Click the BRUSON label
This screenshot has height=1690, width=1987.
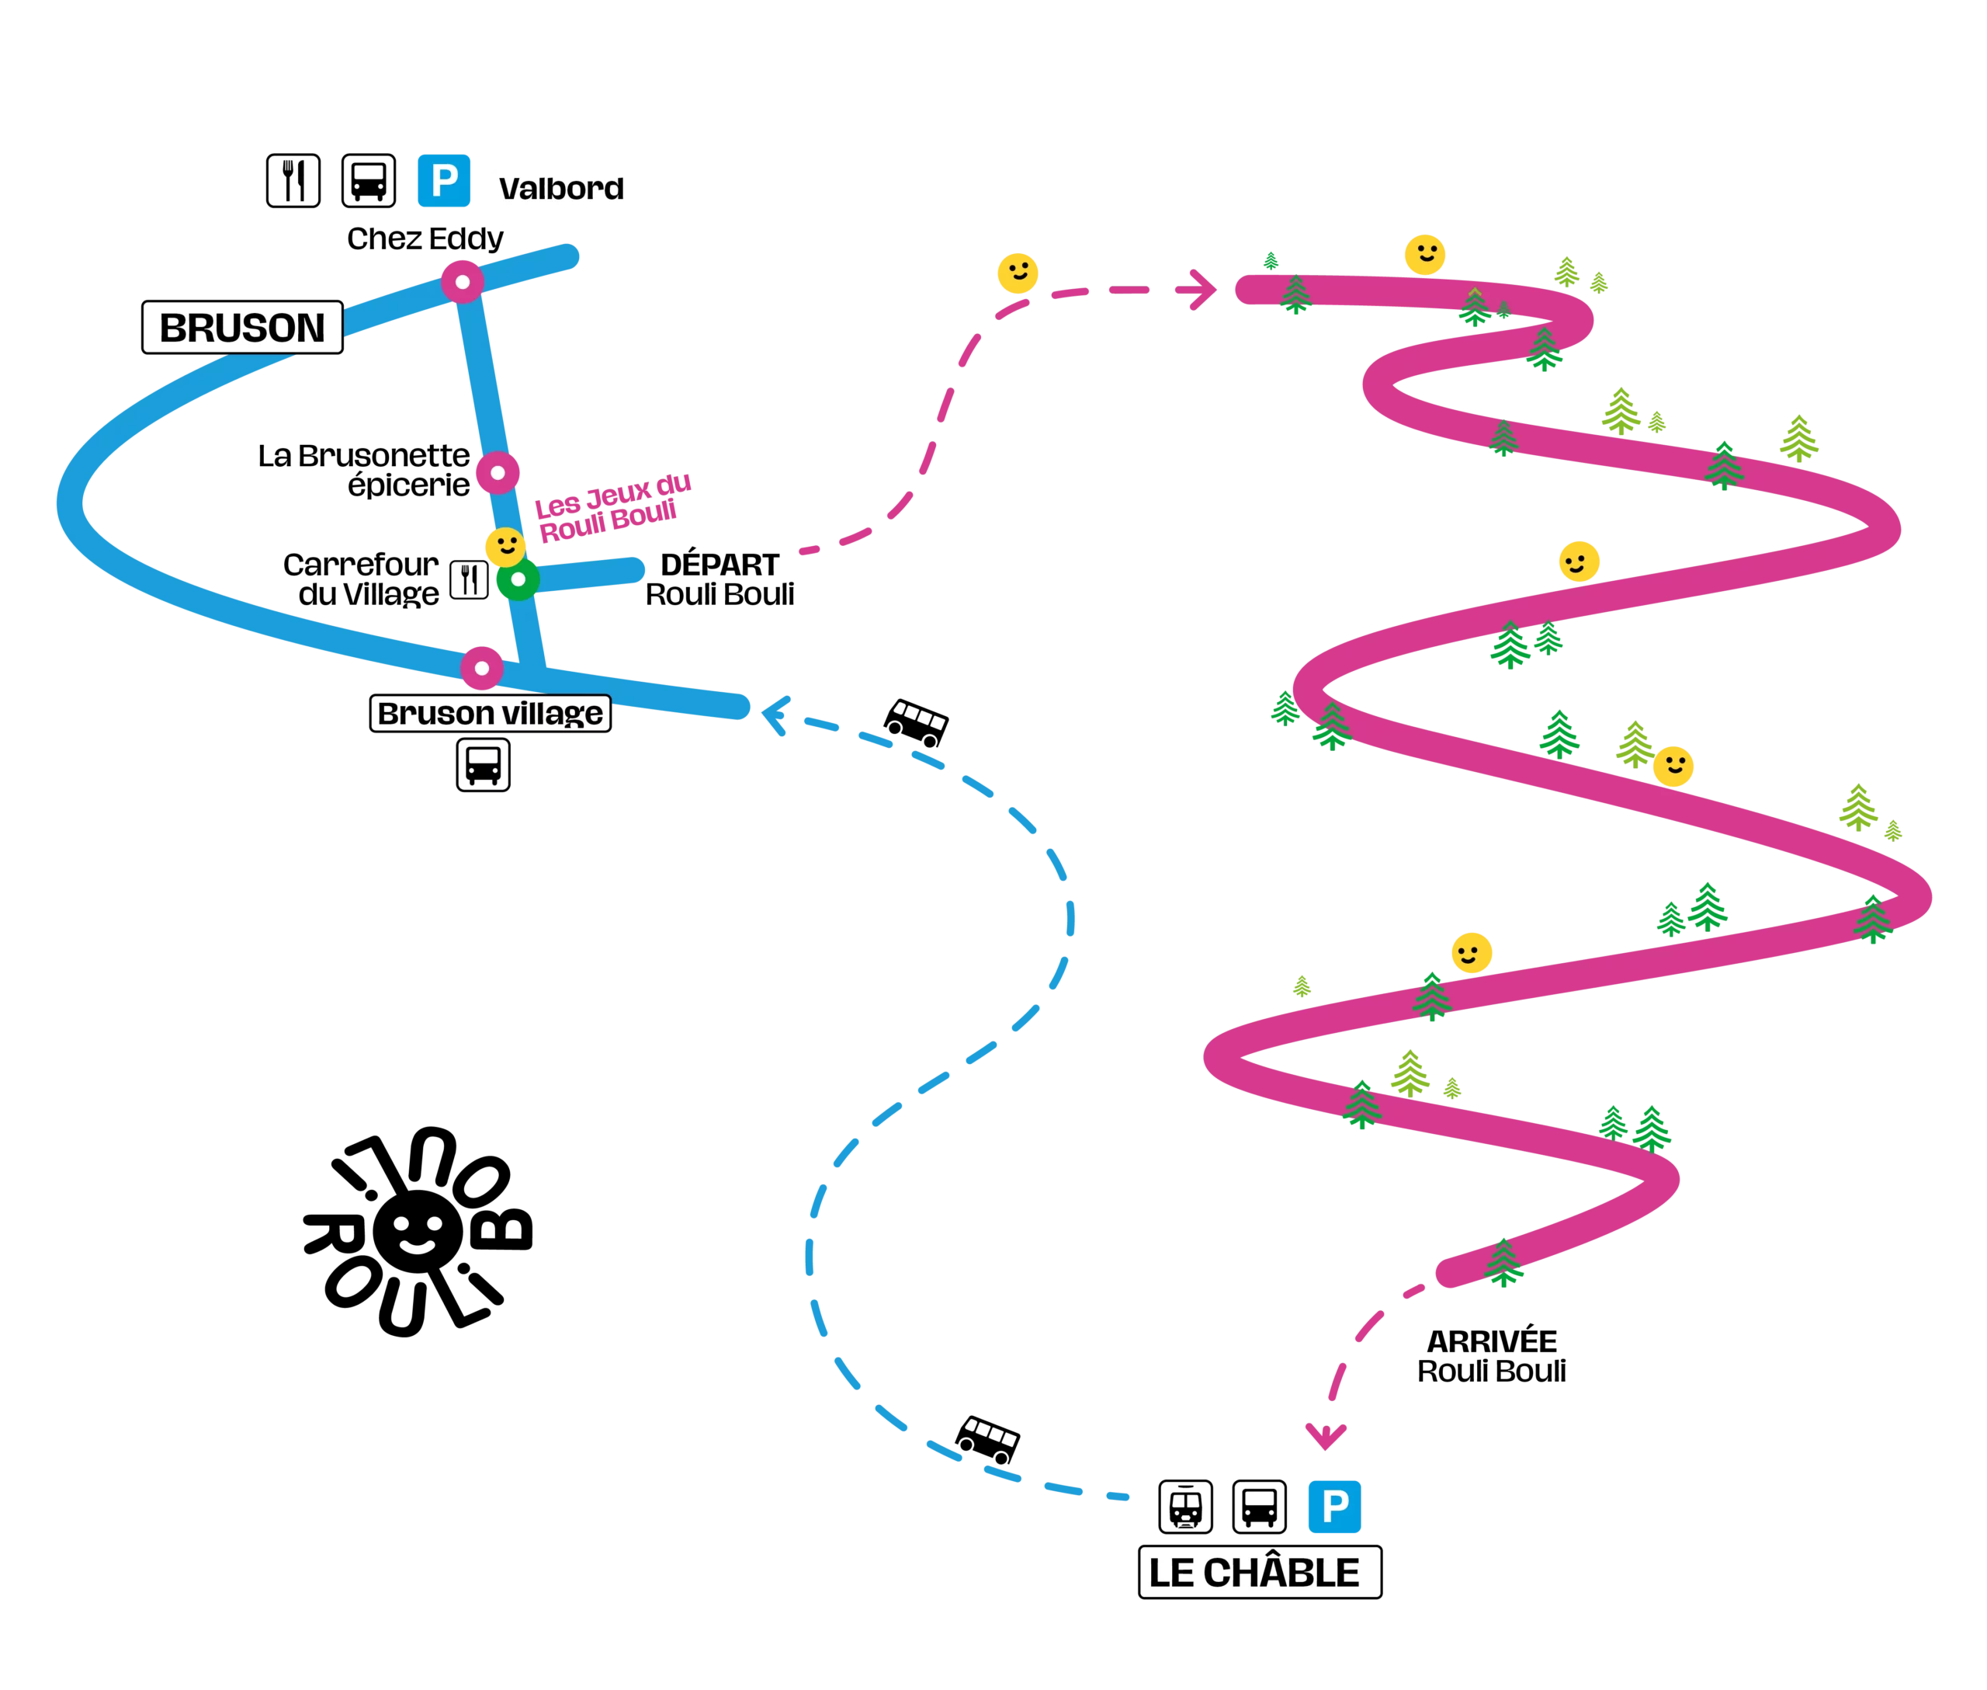coord(242,328)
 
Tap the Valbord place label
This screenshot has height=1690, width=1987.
coord(561,189)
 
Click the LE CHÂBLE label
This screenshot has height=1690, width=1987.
coord(1258,1572)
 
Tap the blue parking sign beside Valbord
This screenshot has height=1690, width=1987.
coord(443,180)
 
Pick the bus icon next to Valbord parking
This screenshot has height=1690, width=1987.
coord(369,180)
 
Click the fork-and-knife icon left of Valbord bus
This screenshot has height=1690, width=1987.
coord(294,180)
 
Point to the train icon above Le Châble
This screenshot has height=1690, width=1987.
coord(1185,1506)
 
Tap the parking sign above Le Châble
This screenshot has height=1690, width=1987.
coord(1335,1506)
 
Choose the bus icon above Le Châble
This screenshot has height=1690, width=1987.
coord(1259,1506)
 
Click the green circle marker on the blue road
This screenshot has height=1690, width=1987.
coord(518,579)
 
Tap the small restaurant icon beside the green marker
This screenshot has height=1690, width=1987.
coord(468,579)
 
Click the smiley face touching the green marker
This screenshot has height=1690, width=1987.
coord(505,547)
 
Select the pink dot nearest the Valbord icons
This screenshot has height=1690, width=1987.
coord(463,283)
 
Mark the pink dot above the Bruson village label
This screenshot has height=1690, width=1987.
coord(482,668)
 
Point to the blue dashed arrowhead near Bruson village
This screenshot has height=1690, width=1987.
coord(774,715)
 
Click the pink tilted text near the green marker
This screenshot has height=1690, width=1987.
coord(610,509)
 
